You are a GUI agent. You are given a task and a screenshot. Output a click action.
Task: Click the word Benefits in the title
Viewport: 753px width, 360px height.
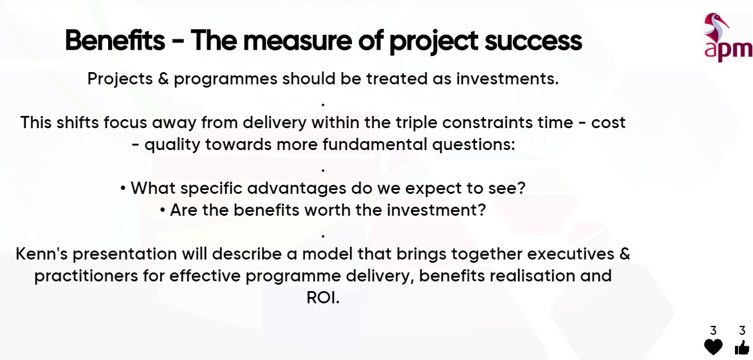point(115,41)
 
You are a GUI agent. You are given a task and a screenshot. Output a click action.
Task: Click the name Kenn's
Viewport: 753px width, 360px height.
point(41,254)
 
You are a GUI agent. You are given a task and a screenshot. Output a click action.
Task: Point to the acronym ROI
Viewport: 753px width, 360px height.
point(322,298)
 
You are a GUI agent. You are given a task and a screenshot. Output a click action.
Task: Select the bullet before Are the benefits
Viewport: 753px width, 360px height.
point(163,211)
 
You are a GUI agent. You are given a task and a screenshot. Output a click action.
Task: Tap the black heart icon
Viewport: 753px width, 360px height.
point(713,346)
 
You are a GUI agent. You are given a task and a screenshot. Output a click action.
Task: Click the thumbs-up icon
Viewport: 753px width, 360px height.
point(742,347)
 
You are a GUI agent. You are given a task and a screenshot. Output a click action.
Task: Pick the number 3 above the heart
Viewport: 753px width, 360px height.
point(713,330)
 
